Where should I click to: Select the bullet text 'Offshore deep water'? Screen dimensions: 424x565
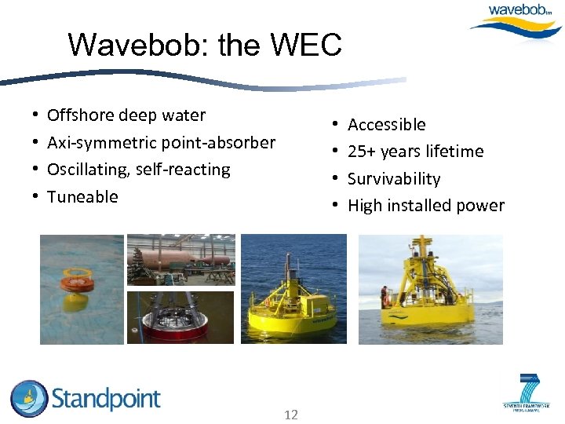[126, 115]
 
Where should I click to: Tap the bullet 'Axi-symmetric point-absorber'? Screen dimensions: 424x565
[161, 143]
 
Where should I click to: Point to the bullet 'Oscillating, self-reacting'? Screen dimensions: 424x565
[139, 170]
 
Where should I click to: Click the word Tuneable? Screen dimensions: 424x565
[82, 197]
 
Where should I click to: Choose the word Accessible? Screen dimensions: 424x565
[386, 125]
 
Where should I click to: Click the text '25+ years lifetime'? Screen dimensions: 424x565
[415, 152]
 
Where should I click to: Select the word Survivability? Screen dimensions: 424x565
[394, 179]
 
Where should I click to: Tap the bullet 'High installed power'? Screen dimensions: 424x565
[425, 206]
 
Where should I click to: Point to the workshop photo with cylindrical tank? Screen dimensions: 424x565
[180, 260]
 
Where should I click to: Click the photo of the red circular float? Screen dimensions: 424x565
[180, 318]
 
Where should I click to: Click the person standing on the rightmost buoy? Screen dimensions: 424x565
[385, 297]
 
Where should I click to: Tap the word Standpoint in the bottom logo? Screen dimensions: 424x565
[106, 399]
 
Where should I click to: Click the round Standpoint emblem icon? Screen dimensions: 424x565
[29, 399]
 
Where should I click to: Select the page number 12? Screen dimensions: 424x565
[290, 415]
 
